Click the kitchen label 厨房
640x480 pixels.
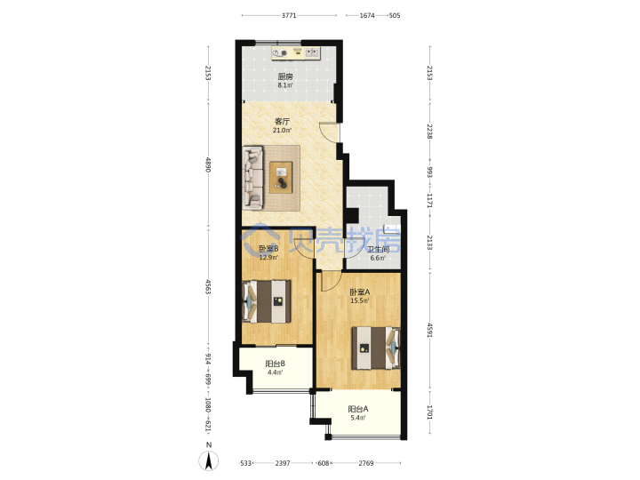tap(285, 76)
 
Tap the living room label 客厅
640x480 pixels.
tap(282, 121)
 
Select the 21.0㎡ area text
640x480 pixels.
tap(282, 131)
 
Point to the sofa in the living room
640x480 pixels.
tap(253, 179)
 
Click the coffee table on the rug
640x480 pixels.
tap(281, 178)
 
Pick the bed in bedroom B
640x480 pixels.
tap(267, 301)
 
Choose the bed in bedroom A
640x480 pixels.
tap(376, 348)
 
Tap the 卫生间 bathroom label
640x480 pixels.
tap(378, 250)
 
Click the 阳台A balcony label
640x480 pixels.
tap(358, 409)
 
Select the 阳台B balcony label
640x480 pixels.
tap(275, 364)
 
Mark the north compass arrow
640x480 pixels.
tap(209, 461)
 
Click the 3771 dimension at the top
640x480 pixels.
tap(289, 15)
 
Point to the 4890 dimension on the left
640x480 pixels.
tap(208, 164)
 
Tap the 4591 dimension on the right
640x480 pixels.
tap(429, 330)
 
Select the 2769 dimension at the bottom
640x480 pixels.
tap(365, 463)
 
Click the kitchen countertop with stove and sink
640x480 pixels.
tap(296, 53)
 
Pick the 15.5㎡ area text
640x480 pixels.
tap(360, 301)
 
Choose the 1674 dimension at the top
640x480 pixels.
tap(367, 15)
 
